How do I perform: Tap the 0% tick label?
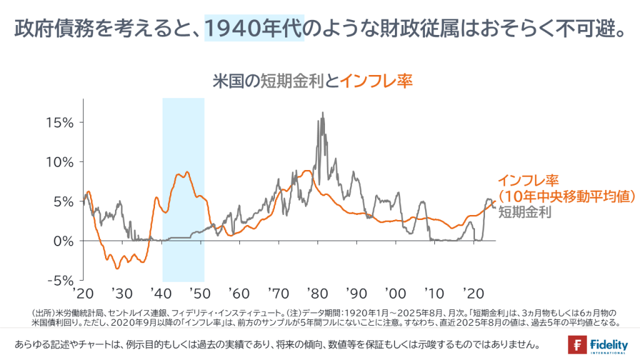point(64,241)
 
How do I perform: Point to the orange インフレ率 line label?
point(527,181)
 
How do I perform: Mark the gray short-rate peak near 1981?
point(322,113)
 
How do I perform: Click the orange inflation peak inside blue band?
point(187,172)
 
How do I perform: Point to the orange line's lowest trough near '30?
point(117,268)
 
